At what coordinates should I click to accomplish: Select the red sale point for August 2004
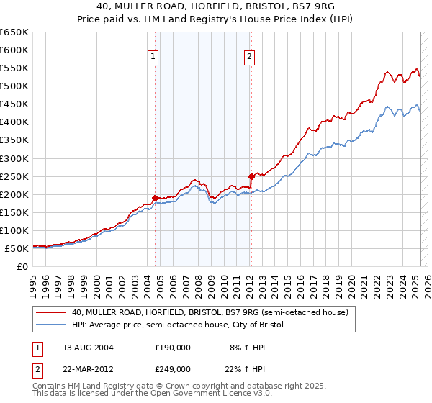155,197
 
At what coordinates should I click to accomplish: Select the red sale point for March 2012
251,176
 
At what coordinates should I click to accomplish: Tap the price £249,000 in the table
172,368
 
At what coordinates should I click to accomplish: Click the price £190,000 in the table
172,347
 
